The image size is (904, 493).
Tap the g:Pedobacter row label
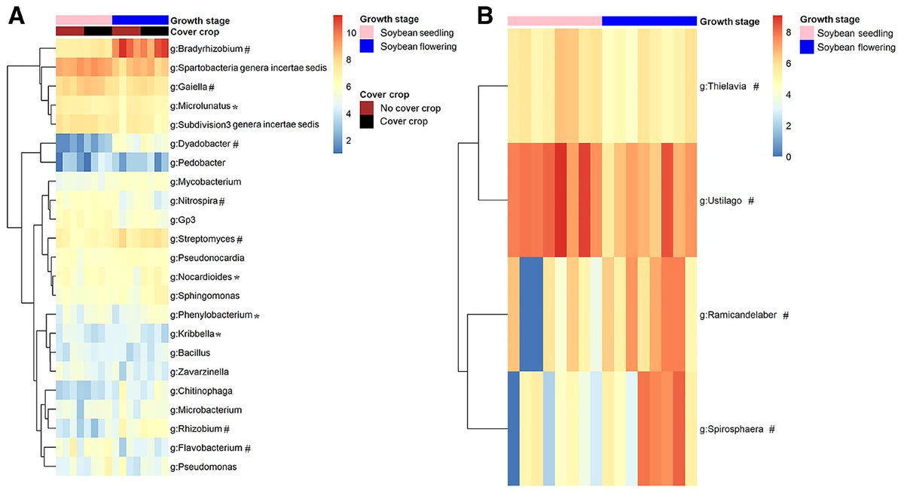[196, 163]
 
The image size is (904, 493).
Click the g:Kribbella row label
[193, 333]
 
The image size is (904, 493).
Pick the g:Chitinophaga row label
[200, 391]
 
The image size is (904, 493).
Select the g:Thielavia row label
[725, 87]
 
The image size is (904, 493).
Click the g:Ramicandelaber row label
[739, 315]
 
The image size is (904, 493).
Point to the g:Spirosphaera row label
[732, 429]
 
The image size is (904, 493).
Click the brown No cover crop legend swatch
[368, 108]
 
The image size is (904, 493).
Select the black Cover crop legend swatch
[368, 121]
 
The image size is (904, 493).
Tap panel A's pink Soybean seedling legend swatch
[368, 33]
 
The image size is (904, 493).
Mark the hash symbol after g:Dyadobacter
[236, 144]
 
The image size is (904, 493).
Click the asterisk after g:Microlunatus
[235, 106]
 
